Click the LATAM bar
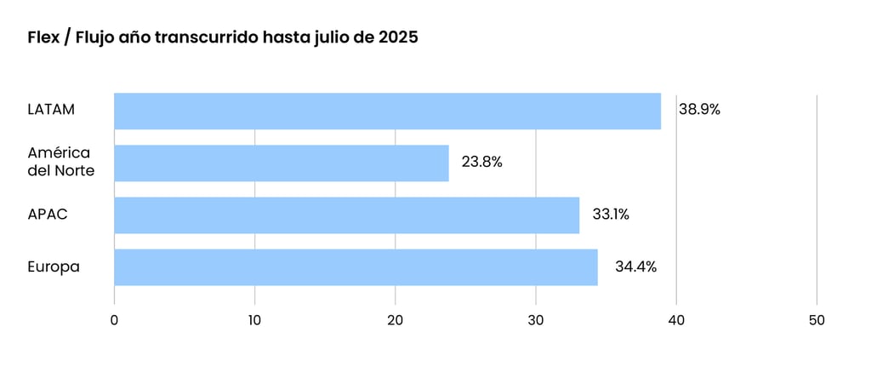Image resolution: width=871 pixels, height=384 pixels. [x=387, y=111]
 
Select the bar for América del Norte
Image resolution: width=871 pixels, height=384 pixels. [x=281, y=163]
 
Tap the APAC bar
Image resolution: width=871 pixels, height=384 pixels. [x=346, y=215]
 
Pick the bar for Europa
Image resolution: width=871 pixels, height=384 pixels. [x=356, y=267]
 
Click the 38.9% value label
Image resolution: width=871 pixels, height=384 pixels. [x=700, y=110]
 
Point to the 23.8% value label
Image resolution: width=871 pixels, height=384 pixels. [x=481, y=162]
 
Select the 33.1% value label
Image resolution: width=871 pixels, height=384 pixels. [x=611, y=215]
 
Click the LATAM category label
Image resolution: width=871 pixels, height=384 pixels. [x=51, y=110]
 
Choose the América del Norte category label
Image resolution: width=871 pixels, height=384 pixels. [x=60, y=162]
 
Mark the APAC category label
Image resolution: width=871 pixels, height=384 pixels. [x=47, y=215]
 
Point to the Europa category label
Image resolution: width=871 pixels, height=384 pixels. [x=54, y=267]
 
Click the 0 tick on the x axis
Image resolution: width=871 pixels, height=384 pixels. [x=114, y=320]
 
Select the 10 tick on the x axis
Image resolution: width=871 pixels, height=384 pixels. [x=254, y=320]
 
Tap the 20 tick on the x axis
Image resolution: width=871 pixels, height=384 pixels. [x=395, y=320]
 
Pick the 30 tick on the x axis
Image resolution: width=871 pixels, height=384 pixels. [x=535, y=320]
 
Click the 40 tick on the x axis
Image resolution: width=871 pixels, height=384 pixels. [x=676, y=320]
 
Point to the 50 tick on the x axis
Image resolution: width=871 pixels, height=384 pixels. [x=817, y=320]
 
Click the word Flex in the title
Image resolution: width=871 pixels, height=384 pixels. [x=43, y=38]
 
